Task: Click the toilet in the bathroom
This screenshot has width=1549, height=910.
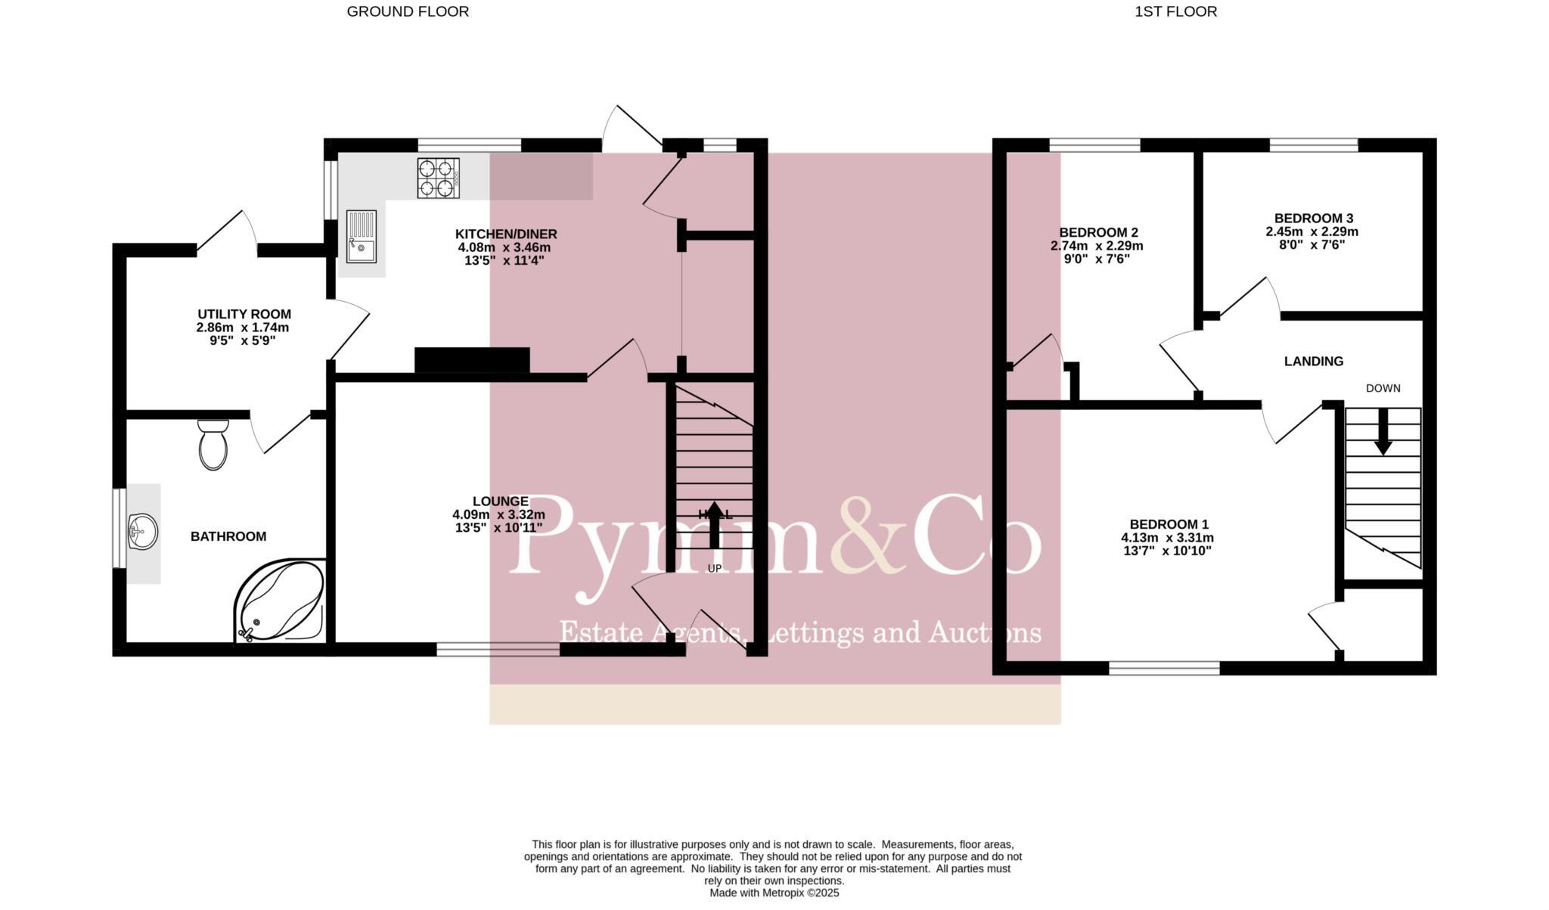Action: click(213, 446)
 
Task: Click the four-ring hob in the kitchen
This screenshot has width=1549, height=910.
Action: click(438, 178)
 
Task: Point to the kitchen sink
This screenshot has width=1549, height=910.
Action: click(362, 236)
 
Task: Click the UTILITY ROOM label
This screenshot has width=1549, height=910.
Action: click(244, 314)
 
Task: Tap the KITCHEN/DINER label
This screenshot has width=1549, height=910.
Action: click(505, 234)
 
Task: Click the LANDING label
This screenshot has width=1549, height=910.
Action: click(1313, 362)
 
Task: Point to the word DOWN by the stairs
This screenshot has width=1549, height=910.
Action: click(1383, 388)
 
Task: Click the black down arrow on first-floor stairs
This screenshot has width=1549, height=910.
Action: click(1383, 432)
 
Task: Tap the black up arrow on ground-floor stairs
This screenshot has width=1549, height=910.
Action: click(714, 523)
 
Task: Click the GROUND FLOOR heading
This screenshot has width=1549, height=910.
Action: click(408, 11)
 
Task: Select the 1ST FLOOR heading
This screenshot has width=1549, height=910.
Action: click(1175, 11)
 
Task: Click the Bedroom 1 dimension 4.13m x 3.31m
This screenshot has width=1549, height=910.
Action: click(1167, 538)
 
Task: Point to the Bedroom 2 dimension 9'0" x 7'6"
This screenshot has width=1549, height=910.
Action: click(1097, 259)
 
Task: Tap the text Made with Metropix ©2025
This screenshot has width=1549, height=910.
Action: click(774, 893)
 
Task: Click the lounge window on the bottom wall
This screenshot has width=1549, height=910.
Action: click(498, 648)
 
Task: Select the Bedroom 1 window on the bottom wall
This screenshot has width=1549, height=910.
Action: click(1164, 667)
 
